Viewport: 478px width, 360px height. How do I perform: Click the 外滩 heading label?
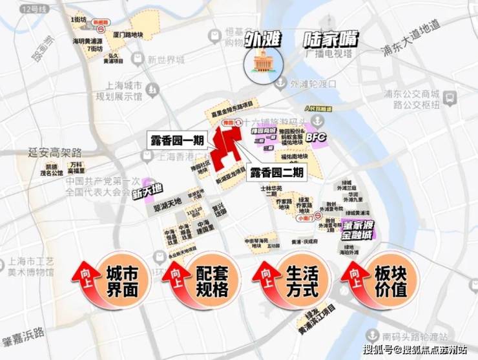pyautogui.click(x=263, y=38)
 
